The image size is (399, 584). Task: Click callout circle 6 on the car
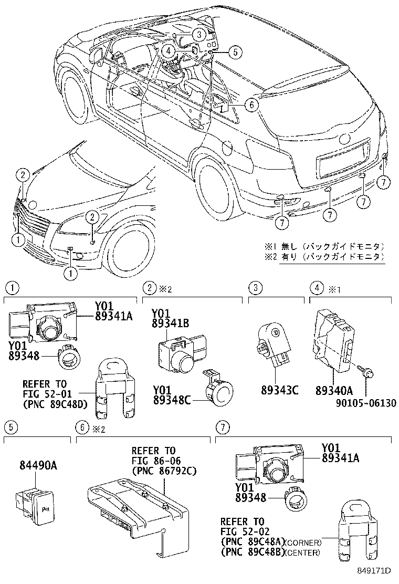pyautogui.click(x=251, y=105)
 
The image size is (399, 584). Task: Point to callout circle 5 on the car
pyautogui.click(x=235, y=51)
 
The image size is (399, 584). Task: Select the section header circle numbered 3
pyautogui.click(x=255, y=287)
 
